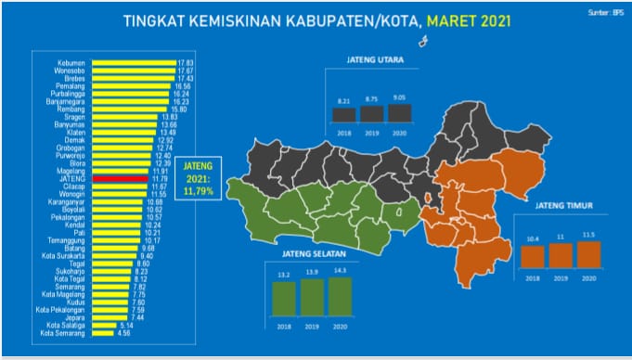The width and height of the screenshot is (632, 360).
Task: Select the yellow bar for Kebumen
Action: [x=120, y=63]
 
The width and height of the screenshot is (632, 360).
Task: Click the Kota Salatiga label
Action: [x=63, y=325]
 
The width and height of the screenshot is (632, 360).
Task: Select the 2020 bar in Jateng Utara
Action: [x=399, y=112]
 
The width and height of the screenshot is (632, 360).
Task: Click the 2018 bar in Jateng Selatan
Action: [x=284, y=297]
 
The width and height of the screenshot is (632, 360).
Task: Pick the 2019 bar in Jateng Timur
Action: [x=561, y=255]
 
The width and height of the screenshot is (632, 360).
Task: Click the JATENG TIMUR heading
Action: [x=563, y=206]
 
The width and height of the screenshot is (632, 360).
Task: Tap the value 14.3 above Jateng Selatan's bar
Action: [x=341, y=269]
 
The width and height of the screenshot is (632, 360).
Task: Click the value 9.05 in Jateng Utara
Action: [x=399, y=96]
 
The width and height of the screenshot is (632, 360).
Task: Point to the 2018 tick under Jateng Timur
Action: [x=532, y=276]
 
